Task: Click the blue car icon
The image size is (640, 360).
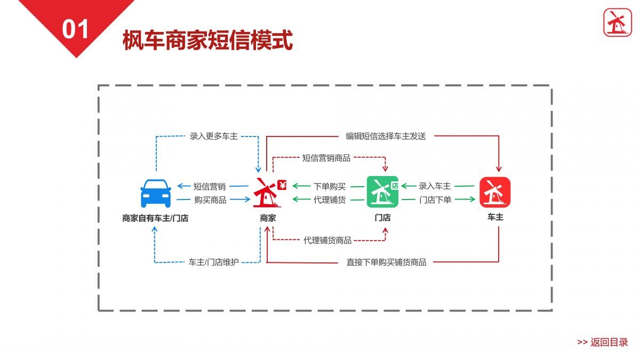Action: [x=156, y=194]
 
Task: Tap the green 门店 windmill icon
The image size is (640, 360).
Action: [x=382, y=192]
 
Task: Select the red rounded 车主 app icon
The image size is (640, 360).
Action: [x=495, y=193]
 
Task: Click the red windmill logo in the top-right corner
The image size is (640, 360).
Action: [x=618, y=22]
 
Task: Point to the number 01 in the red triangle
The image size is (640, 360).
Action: [x=75, y=29]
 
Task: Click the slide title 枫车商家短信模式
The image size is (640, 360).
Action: [x=207, y=40]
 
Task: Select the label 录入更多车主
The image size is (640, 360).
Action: [x=213, y=137]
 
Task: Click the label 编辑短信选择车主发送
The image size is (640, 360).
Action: [x=386, y=137]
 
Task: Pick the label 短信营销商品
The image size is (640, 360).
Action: [x=326, y=158]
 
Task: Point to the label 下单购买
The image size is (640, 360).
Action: [x=330, y=187]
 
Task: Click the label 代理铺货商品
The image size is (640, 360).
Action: [x=327, y=241]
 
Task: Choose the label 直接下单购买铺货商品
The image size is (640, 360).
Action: [x=386, y=262]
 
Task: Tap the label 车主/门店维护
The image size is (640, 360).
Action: [x=213, y=262]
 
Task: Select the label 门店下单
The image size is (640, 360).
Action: [x=435, y=200]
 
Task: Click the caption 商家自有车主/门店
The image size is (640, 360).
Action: [x=155, y=218]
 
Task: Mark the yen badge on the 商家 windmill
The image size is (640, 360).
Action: [x=282, y=185]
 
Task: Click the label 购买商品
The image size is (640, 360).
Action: [x=210, y=200]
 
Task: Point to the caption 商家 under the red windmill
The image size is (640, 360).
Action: [x=268, y=218]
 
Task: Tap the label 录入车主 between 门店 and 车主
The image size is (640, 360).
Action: [x=435, y=186]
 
